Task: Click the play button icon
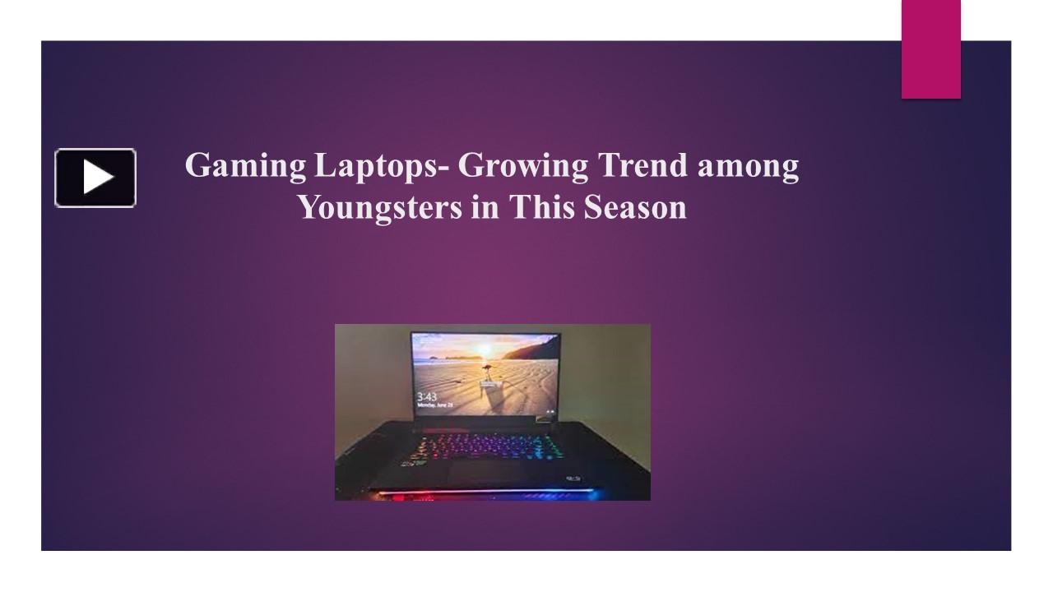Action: pyautogui.click(x=95, y=178)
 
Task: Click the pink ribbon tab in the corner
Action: pyautogui.click(x=930, y=49)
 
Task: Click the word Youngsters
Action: pyautogui.click(x=378, y=208)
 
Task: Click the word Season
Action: pyautogui.click(x=635, y=207)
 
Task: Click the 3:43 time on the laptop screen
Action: pyautogui.click(x=426, y=395)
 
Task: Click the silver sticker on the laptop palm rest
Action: pyautogui.click(x=573, y=478)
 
